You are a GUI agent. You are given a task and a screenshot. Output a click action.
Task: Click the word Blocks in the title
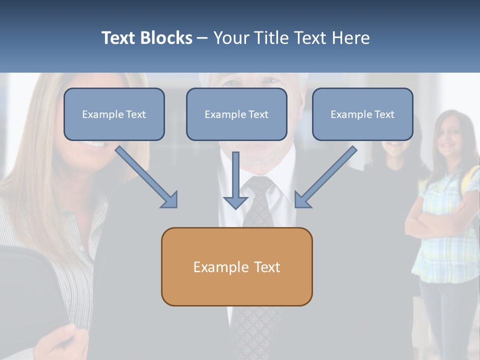(166, 38)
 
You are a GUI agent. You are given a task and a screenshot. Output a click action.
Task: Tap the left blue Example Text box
(114, 114)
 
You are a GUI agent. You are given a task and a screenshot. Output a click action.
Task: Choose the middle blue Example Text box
(236, 114)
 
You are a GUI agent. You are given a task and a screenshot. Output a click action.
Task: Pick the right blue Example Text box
(362, 114)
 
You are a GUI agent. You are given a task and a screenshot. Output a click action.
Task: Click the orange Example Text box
(236, 266)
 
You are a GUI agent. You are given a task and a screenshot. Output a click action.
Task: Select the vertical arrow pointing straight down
(235, 180)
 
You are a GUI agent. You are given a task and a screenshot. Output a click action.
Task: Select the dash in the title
(203, 38)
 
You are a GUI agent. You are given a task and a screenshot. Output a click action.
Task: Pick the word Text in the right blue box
(384, 114)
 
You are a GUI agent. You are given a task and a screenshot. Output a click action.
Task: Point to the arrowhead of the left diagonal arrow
(170, 200)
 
